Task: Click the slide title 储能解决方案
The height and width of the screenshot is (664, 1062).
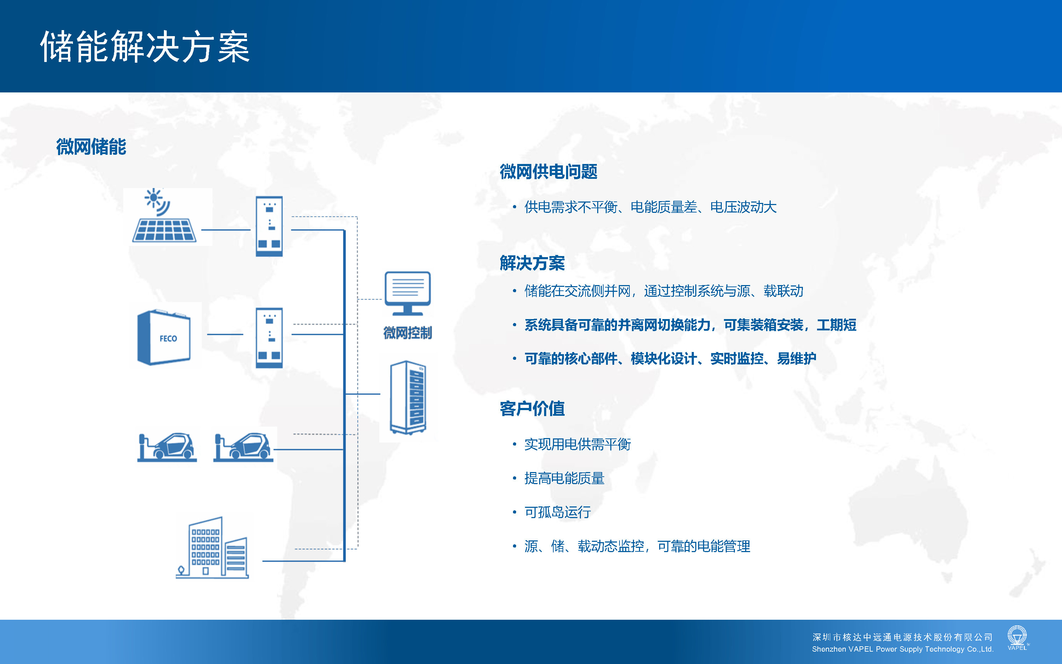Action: (x=145, y=46)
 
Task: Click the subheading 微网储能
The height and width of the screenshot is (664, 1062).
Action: (x=91, y=147)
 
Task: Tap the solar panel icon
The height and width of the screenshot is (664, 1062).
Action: (x=164, y=230)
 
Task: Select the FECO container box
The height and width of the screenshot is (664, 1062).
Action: (x=164, y=337)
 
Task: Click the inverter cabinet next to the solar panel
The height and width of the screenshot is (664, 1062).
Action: (x=269, y=226)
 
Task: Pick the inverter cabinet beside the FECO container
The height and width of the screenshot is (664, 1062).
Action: (x=269, y=338)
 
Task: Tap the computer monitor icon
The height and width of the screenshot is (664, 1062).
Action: (x=408, y=293)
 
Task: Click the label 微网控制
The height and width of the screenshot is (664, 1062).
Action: (x=408, y=333)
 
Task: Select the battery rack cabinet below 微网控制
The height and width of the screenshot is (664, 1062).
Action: (x=408, y=397)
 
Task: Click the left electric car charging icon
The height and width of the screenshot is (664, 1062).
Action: (x=167, y=447)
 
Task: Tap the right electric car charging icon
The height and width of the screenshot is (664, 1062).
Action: (x=243, y=447)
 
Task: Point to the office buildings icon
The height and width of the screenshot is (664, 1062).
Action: (x=212, y=547)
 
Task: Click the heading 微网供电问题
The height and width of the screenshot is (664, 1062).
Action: (x=549, y=172)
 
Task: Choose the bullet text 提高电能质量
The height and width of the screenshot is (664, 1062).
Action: (x=564, y=478)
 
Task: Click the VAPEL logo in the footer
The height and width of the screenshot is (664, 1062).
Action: (x=1017, y=638)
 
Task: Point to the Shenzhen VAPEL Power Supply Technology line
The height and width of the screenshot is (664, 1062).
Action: (x=903, y=649)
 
